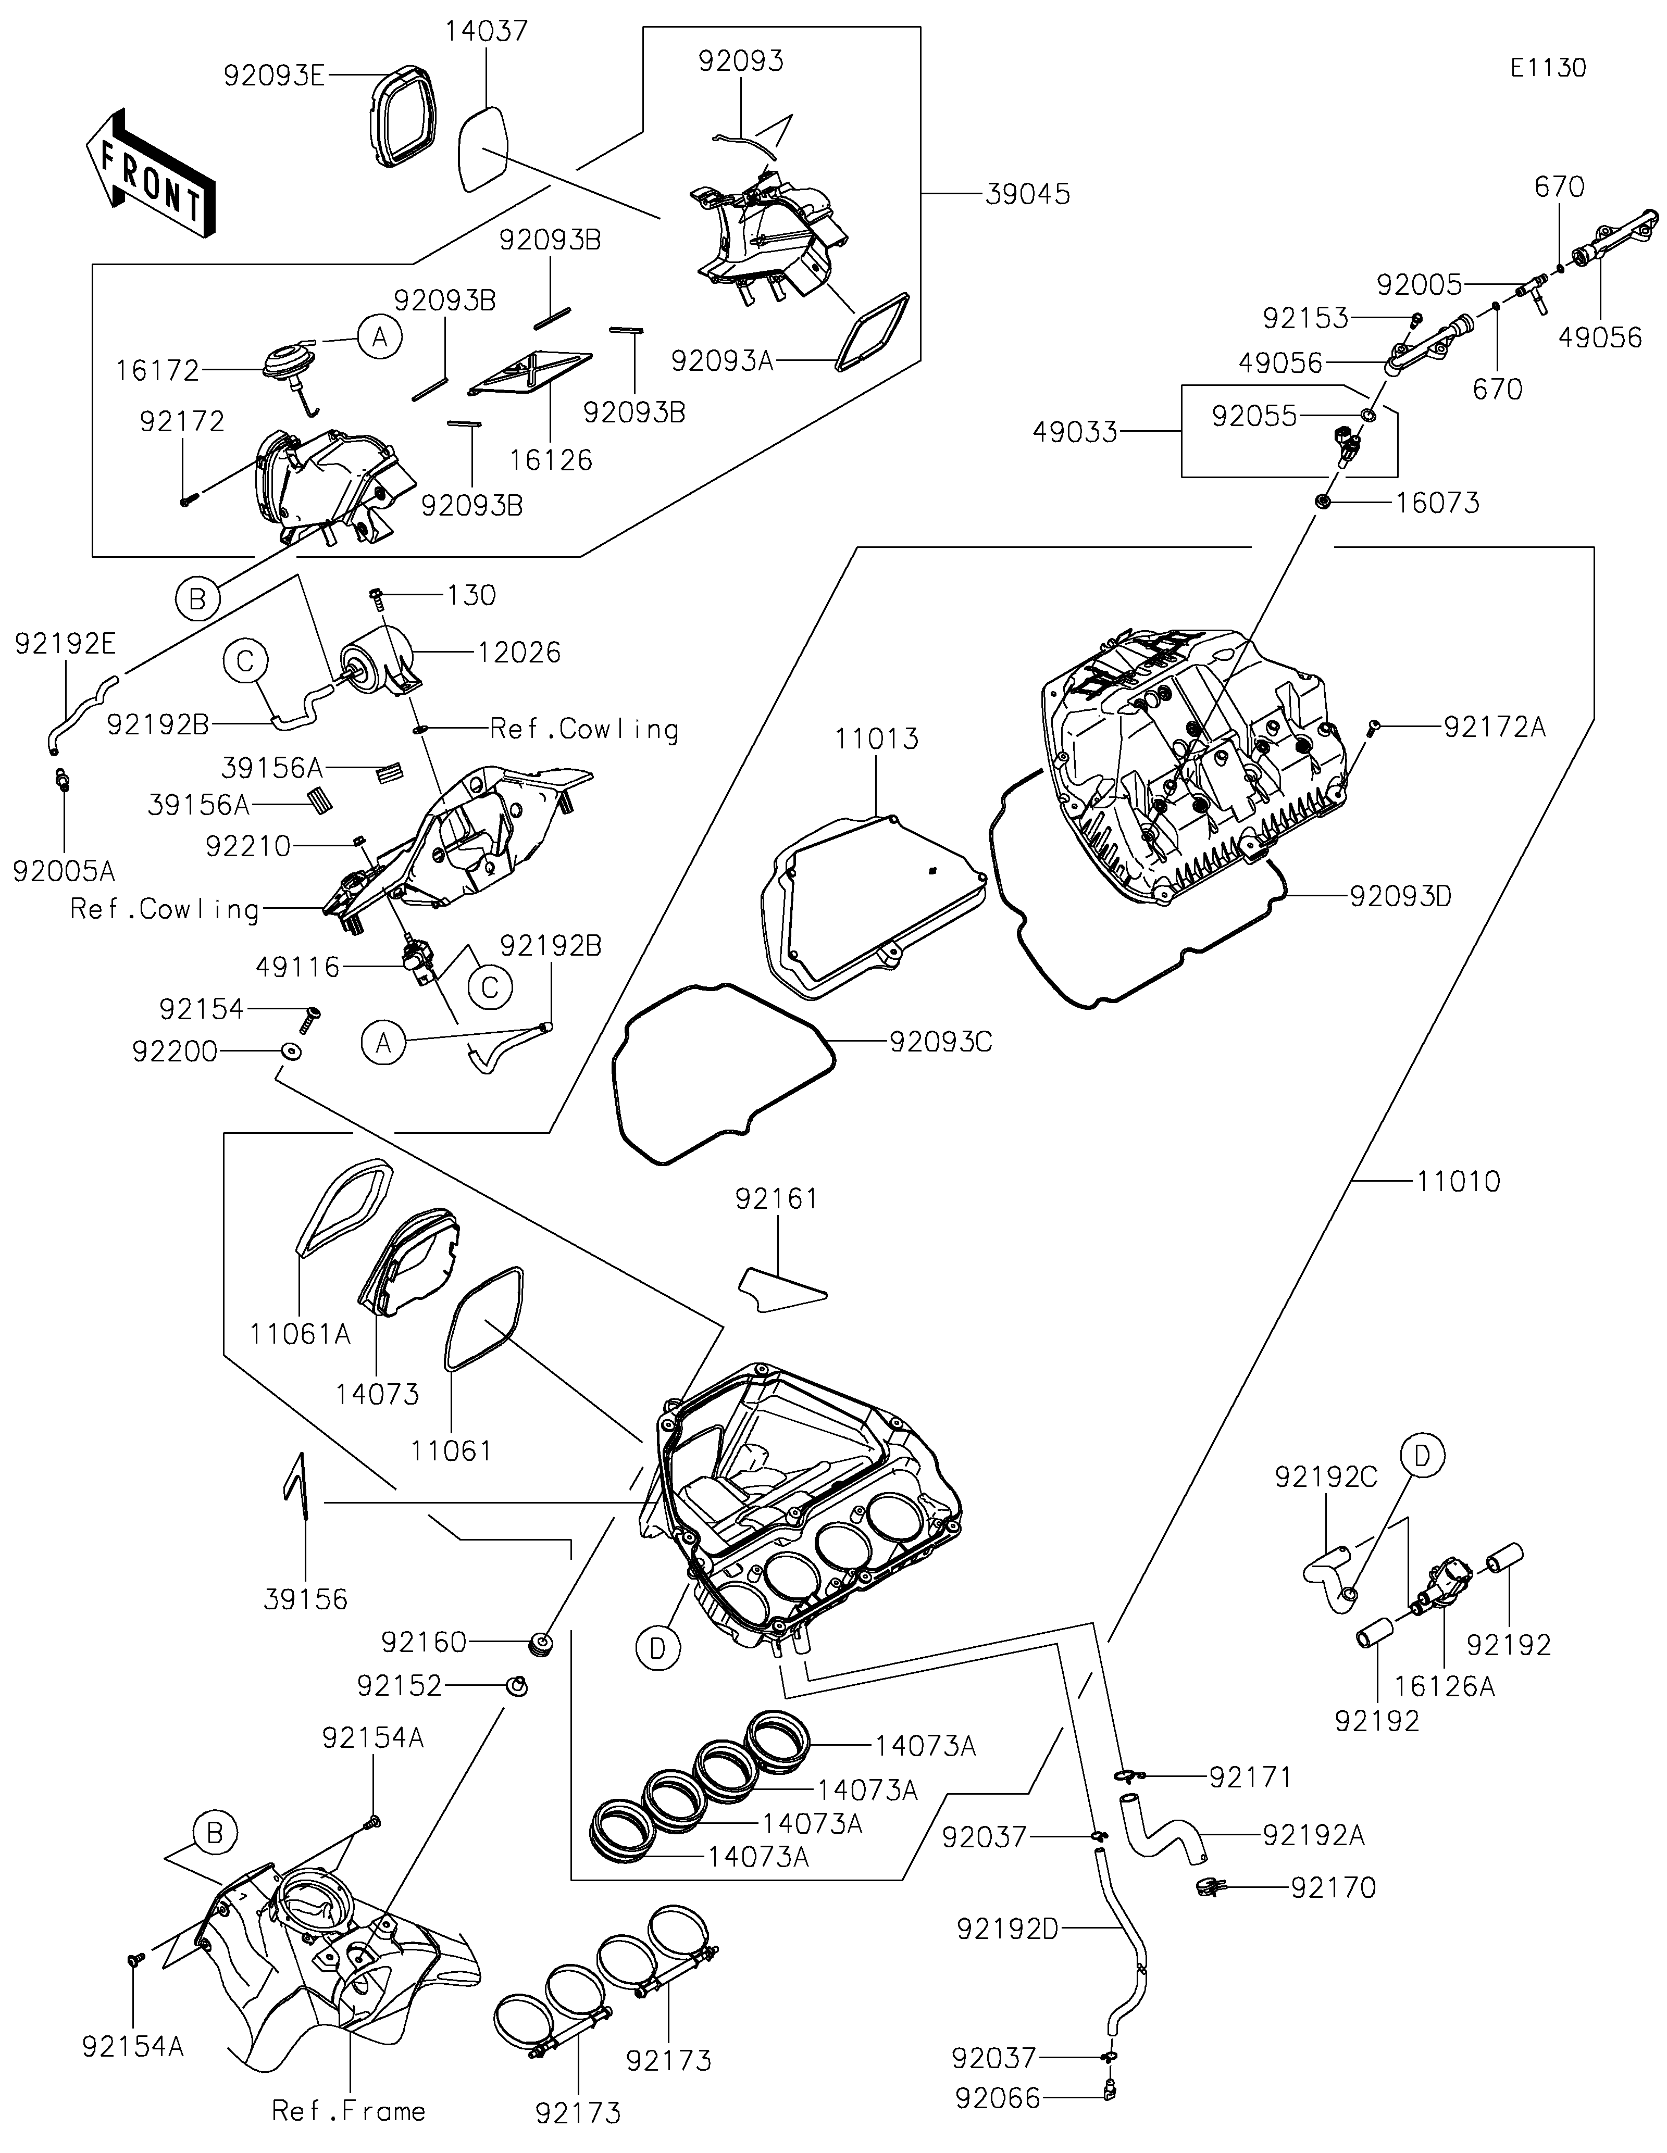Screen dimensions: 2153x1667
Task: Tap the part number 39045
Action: tap(1027, 194)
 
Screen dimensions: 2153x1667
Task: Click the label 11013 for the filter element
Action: tap(876, 738)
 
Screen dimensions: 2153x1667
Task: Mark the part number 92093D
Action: tap(1400, 897)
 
